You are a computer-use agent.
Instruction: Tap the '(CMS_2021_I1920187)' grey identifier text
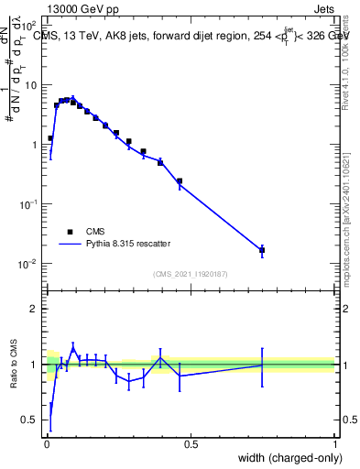191,272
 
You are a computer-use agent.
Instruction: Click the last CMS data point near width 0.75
262,249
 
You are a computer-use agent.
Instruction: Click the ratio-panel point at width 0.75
262,365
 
